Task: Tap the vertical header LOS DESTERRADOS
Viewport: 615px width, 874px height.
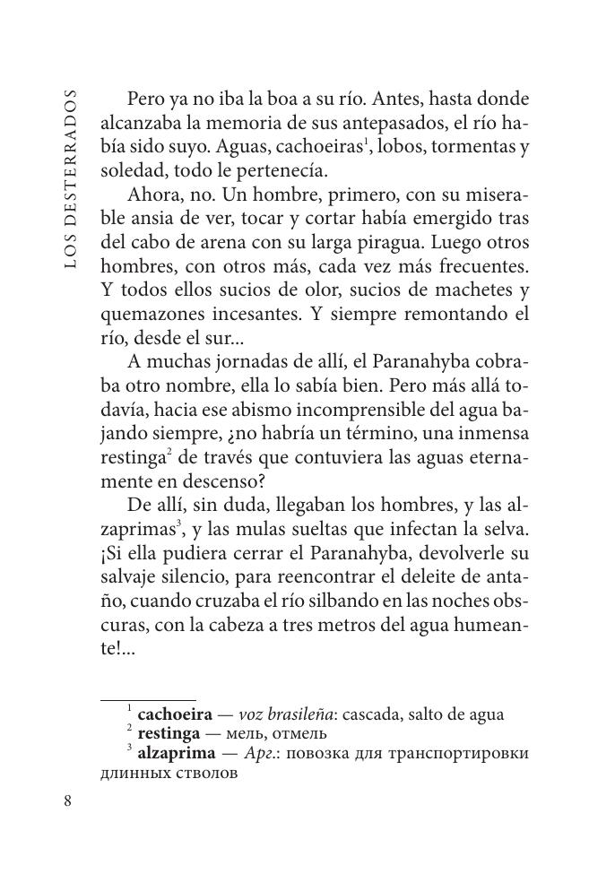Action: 71,178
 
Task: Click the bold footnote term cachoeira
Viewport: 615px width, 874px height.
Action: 175,714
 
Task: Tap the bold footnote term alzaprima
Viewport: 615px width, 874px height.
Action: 175,753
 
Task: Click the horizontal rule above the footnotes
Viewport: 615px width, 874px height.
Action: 148,699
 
